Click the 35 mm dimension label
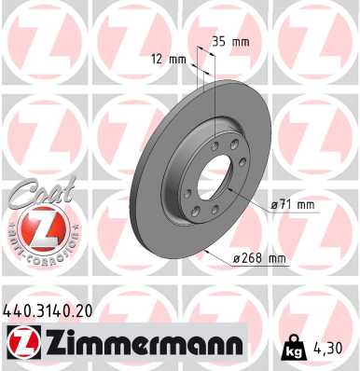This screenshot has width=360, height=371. tap(229, 41)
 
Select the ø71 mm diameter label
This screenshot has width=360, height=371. tap(294, 204)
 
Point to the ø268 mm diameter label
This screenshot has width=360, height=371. tap(258, 258)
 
